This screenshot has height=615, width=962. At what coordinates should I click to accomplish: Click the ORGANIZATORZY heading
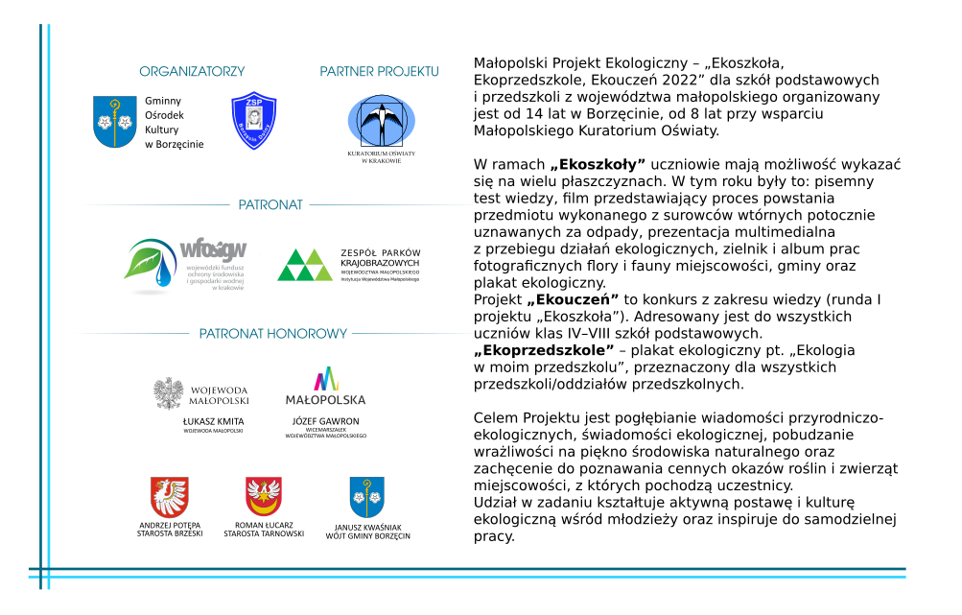(192, 72)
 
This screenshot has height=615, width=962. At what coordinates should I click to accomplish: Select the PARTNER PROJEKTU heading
(379, 72)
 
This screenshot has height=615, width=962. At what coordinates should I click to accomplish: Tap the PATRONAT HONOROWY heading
(272, 334)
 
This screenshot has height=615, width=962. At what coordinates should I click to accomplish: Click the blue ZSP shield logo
(254, 121)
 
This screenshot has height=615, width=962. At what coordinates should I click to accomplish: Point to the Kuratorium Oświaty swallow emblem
(382, 121)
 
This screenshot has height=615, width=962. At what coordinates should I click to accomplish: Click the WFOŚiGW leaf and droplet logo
(153, 265)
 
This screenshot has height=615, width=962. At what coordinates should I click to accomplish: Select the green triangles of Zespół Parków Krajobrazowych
(305, 265)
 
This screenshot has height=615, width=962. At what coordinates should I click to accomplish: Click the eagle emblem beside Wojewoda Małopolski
(170, 393)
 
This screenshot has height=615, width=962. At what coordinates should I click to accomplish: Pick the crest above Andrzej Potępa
(170, 497)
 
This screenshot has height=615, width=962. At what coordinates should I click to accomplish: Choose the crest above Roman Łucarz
(264, 497)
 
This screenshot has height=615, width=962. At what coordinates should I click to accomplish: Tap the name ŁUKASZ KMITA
(213, 421)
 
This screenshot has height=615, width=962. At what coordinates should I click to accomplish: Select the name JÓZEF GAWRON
(326, 421)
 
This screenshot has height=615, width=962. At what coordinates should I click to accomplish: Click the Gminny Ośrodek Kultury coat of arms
(115, 121)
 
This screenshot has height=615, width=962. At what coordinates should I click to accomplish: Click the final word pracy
(494, 536)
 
